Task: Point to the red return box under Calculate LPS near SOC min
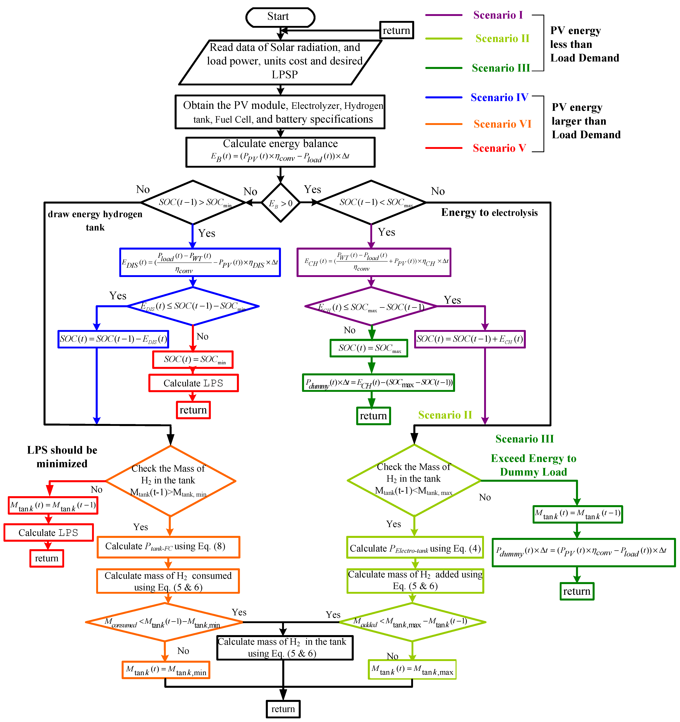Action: pos(193,410)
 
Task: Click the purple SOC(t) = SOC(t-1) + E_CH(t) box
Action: pos(470,339)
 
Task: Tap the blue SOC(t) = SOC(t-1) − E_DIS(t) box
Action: pos(113,339)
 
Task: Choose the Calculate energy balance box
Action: pos(280,152)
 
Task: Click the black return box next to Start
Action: pos(396,31)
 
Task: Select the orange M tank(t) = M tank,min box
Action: pos(166,670)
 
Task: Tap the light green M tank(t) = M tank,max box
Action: pos(412,669)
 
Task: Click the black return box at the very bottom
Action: pos(283,709)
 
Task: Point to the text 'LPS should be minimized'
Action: pos(62,457)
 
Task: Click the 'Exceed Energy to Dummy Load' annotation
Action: pos(533,465)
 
